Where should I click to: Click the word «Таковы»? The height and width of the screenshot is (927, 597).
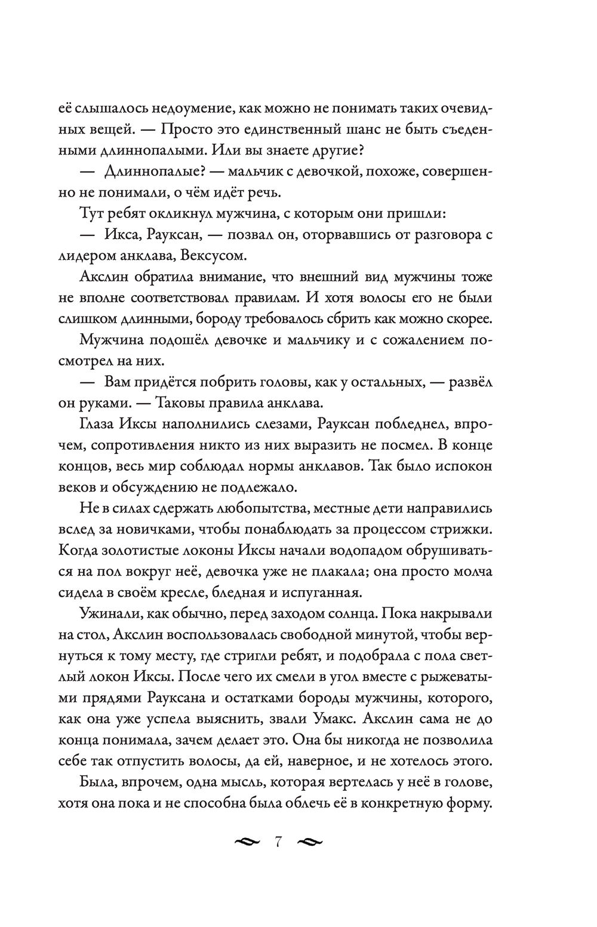tap(183, 402)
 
